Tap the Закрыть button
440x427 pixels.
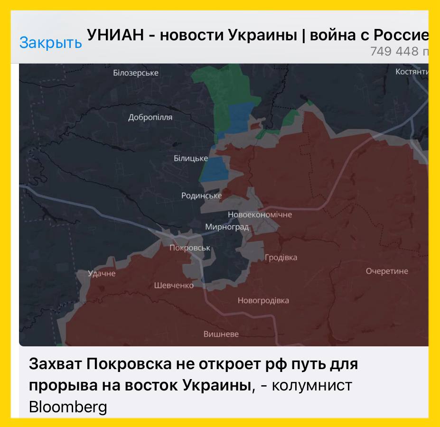click(50, 43)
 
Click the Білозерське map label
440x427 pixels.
click(136, 73)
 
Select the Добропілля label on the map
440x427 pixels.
click(150, 117)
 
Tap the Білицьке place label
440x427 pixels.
click(191, 158)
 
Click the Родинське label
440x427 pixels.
click(201, 195)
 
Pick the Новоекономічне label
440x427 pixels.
click(260, 214)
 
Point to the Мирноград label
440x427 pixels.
click(227, 227)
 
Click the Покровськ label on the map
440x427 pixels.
click(190, 248)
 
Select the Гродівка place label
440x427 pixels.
click(281, 258)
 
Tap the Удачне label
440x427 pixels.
click(102, 273)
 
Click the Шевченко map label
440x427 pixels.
click(174, 285)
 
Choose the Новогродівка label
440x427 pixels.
click(263, 300)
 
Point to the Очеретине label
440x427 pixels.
click(387, 271)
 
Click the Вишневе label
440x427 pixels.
click(221, 334)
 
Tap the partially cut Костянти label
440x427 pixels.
click(412, 72)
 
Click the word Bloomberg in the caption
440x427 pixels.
click(68, 407)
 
